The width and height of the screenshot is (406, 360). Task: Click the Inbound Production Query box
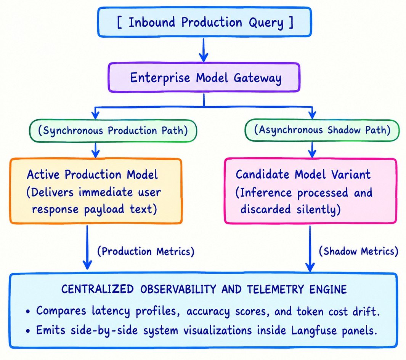pyautogui.click(x=204, y=22)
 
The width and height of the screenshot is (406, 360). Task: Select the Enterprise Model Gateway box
pyautogui.click(x=204, y=77)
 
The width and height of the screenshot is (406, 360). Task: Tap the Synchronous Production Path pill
pyautogui.click(x=113, y=131)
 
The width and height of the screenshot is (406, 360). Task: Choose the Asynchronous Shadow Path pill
pyautogui.click(x=322, y=130)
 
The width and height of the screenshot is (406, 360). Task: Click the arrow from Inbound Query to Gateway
pyautogui.click(x=204, y=50)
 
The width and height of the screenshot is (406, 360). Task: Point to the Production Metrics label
pyautogui.click(x=146, y=251)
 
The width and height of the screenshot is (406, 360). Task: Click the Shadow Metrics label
pyautogui.click(x=359, y=251)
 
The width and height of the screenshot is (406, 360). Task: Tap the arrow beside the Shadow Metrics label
pyautogui.click(x=310, y=248)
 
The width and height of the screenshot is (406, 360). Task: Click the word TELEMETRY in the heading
pyautogui.click(x=275, y=290)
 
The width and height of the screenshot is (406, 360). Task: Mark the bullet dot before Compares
pyautogui.click(x=28, y=312)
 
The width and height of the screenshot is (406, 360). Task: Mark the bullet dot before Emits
pyautogui.click(x=28, y=331)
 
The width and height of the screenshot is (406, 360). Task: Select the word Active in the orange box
pyautogui.click(x=43, y=174)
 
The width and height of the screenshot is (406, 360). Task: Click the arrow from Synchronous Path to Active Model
pyautogui.click(x=96, y=150)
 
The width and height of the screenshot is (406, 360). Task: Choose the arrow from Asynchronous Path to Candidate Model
pyautogui.click(x=312, y=150)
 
